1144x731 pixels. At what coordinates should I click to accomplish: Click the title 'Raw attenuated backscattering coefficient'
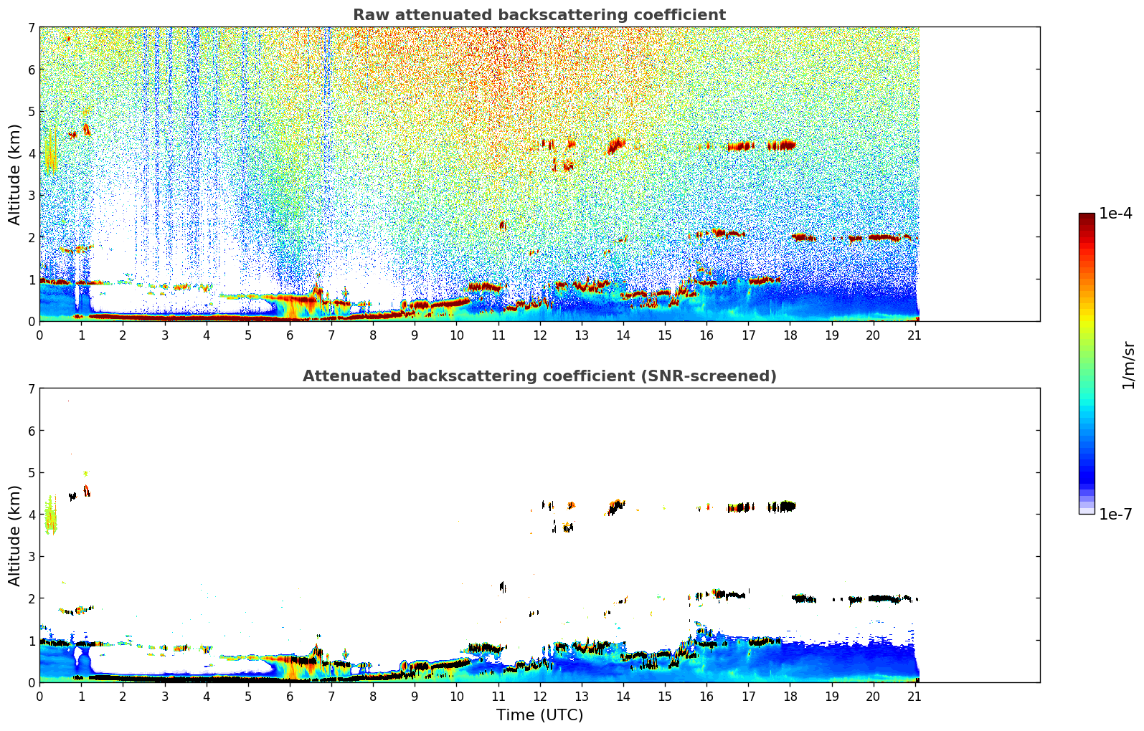539,15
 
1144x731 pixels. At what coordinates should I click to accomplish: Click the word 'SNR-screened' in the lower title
722,376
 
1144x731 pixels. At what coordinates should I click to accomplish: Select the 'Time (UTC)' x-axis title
539,715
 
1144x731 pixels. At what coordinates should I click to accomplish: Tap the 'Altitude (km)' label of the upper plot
15,174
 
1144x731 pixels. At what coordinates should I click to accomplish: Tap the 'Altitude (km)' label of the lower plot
15,535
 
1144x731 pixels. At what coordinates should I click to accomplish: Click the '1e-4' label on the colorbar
1115,214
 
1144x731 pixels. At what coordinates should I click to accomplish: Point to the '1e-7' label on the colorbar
1115,514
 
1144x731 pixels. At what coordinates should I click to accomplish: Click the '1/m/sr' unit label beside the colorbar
1128,365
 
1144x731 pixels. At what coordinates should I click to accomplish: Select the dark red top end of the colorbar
1087,217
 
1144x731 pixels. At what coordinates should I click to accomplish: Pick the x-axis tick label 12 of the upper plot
539,335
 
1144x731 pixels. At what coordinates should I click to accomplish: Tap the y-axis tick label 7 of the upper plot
31,28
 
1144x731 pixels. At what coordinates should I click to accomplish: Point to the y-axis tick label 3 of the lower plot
31,557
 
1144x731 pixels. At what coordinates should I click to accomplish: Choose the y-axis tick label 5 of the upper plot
31,112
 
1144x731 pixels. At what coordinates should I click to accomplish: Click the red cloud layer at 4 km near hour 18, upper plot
782,145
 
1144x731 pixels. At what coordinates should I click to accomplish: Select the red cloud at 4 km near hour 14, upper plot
615,145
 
